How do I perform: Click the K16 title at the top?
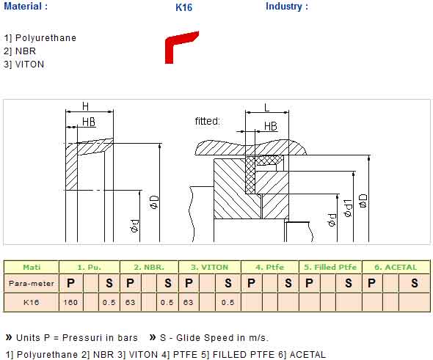tap(183, 7)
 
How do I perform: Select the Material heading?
tap(26, 7)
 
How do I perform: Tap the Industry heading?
tap(287, 7)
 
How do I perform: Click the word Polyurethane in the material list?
tap(46, 38)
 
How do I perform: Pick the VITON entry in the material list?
tap(29, 65)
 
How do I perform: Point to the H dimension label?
tap(86, 106)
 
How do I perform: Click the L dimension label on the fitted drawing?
tap(266, 108)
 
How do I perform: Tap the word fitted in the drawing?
tap(208, 121)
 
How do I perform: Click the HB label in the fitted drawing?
tap(271, 126)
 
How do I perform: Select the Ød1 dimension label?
tap(348, 208)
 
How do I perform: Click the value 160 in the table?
tap(70, 302)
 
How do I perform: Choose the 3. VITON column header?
tap(210, 267)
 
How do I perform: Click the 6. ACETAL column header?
tap(396, 267)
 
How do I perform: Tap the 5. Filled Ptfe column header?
tap(330, 267)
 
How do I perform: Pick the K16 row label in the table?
tap(32, 302)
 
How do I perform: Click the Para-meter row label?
tap(32, 283)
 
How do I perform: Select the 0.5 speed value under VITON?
tap(228, 302)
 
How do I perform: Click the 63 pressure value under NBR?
tap(130, 302)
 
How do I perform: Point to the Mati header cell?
tap(32, 267)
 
